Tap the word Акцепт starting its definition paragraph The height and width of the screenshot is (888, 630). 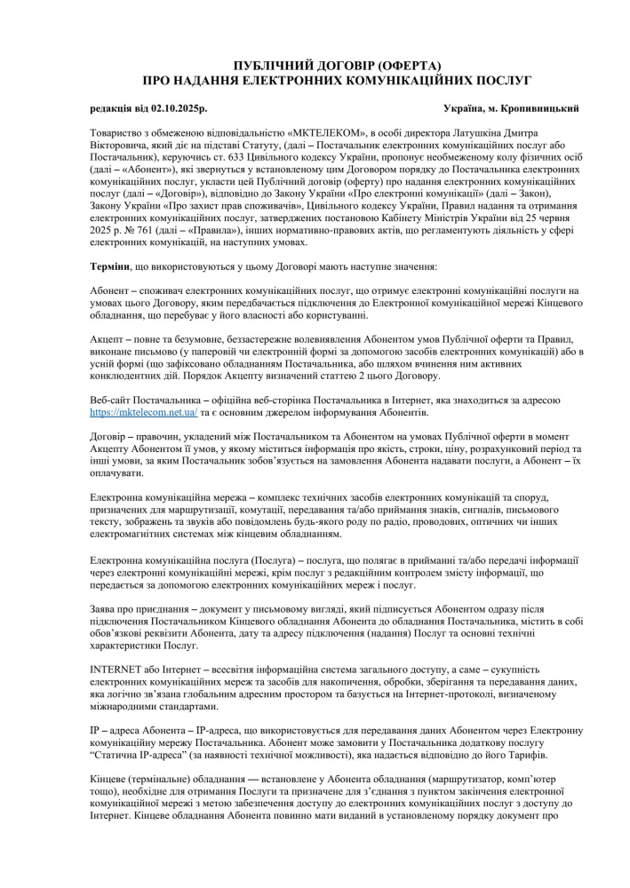pyautogui.click(x=108, y=339)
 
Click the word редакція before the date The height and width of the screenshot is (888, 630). pyautogui.click(x=114, y=108)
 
